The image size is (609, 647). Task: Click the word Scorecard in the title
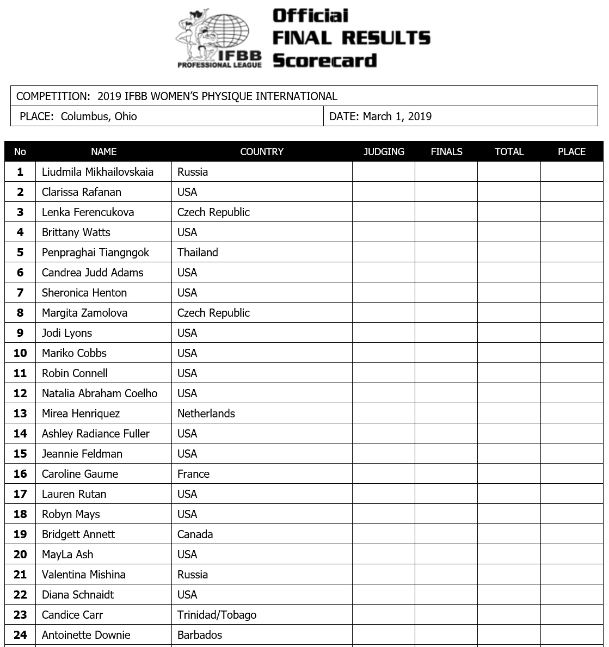324,60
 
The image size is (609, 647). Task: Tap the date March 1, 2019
397,116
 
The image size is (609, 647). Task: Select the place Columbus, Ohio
99,116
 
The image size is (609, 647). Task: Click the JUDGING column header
384,152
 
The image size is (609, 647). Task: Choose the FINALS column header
446,152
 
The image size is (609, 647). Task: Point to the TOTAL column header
509,152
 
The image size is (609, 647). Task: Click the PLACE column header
571,152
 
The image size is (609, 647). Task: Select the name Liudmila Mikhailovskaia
97,172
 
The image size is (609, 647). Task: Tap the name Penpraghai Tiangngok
95,252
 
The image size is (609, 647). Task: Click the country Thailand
198,252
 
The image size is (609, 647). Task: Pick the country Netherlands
206,414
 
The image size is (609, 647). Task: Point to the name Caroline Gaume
80,474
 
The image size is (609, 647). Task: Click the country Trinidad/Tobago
217,615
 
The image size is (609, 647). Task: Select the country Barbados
200,635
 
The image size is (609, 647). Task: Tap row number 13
20,414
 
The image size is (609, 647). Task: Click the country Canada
195,534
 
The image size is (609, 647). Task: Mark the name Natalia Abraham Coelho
100,393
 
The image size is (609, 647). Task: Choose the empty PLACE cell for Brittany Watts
571,232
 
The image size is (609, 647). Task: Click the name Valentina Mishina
84,575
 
